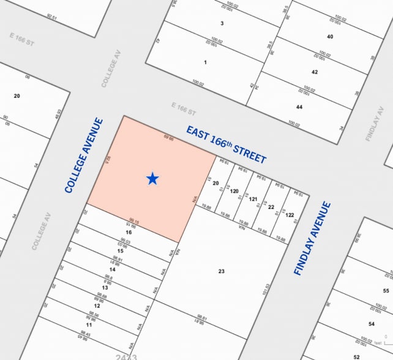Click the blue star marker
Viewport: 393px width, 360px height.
(152, 178)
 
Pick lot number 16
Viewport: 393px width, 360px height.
(129, 233)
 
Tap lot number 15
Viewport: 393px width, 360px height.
(121, 251)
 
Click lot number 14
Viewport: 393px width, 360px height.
(112, 269)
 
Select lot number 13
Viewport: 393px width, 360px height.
(105, 288)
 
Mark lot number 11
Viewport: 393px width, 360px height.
(89, 324)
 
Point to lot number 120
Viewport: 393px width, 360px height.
(234, 191)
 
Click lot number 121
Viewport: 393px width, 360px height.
(252, 199)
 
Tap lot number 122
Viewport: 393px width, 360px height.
(290, 214)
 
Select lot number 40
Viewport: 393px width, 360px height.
(330, 36)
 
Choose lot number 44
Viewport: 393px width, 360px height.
(299, 107)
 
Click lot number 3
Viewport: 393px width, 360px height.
(222, 23)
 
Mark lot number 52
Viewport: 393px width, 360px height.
(356, 356)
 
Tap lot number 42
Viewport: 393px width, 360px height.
(315, 72)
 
